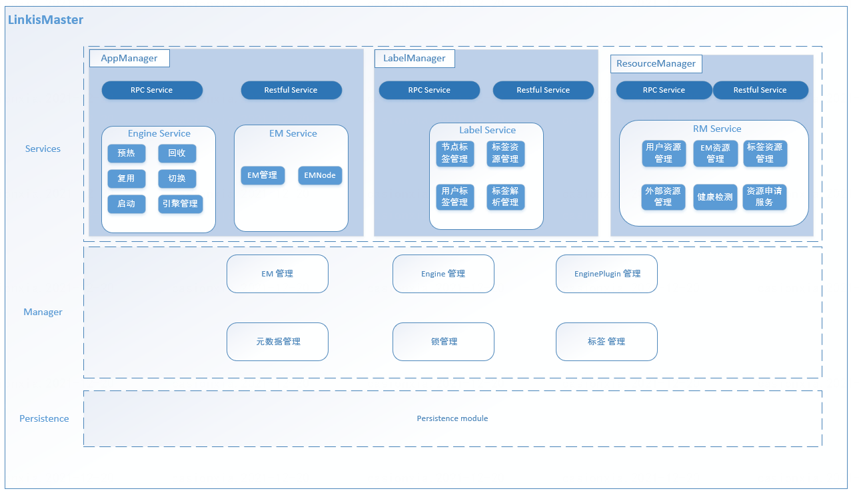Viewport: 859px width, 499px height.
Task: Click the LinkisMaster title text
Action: (x=45, y=20)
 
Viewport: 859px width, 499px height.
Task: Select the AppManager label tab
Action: (x=129, y=58)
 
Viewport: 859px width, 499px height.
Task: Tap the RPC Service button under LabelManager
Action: (x=429, y=90)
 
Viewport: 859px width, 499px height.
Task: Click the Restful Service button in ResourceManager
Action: (x=760, y=90)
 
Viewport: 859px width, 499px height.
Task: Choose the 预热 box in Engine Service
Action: (x=126, y=153)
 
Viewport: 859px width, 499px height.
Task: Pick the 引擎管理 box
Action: (x=180, y=204)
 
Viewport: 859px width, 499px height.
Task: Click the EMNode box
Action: (x=320, y=175)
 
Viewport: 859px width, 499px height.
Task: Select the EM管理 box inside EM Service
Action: (x=262, y=175)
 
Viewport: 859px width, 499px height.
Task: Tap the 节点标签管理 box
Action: (x=454, y=153)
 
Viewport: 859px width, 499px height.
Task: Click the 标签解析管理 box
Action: (x=505, y=197)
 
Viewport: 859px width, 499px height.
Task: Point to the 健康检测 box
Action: (x=715, y=197)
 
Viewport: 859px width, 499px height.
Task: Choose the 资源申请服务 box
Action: (x=764, y=197)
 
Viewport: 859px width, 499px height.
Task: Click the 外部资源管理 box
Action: (x=663, y=197)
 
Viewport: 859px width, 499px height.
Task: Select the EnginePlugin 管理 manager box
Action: (x=606, y=274)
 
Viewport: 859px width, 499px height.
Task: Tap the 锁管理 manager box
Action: (x=443, y=342)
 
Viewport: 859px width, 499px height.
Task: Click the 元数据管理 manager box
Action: (x=277, y=342)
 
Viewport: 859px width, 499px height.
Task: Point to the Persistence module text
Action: (x=452, y=418)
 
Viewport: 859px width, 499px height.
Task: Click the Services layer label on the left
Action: (x=43, y=149)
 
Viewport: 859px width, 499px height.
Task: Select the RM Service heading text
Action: (x=716, y=129)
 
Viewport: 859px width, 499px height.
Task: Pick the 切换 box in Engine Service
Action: (x=177, y=179)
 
